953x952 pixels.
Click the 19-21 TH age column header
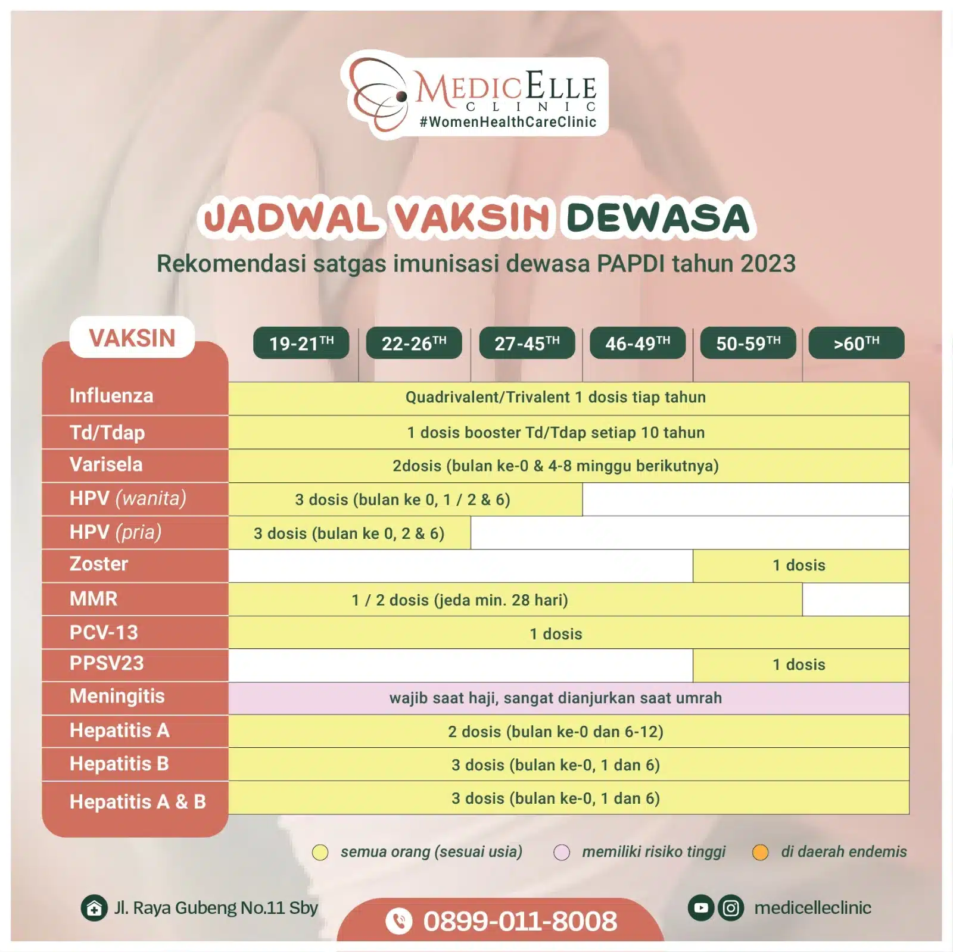point(301,344)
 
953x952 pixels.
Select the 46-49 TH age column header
point(637,344)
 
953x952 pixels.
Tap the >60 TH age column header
point(856,344)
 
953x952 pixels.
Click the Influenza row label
point(111,396)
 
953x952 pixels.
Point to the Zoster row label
point(99,564)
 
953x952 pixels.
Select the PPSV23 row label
point(107,663)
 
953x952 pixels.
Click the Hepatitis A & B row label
point(138,801)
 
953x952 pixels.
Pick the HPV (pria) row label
point(116,532)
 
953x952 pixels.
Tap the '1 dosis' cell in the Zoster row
point(799,566)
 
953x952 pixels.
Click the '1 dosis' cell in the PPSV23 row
point(799,665)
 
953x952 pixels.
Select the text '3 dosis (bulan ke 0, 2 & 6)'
point(349,533)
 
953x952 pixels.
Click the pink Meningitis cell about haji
point(556,698)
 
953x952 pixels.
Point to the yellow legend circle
point(320,853)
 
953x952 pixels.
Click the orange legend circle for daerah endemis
point(761,853)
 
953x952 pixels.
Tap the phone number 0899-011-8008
point(519,921)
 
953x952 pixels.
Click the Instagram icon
point(731,908)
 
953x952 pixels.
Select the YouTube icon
point(701,908)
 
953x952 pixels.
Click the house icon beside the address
point(94,909)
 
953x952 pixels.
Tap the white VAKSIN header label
point(132,338)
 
